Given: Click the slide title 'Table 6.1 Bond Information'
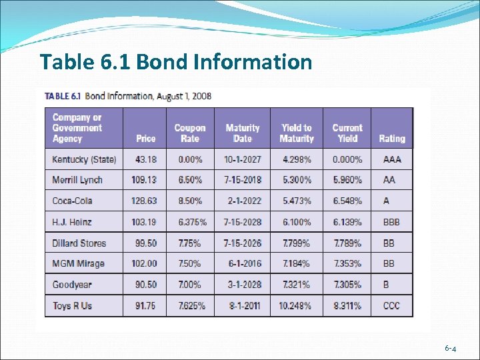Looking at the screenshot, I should tap(175, 62).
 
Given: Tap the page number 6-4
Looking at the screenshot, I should tap(451, 349).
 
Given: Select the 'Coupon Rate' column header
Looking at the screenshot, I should tap(190, 133).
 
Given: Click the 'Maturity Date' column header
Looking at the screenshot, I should tap(243, 133).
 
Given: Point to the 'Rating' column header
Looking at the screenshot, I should tap(392, 139).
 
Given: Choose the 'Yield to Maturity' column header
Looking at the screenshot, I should tap(297, 133).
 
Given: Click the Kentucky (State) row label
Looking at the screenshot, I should tap(84, 159).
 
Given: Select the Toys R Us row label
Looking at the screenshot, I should tap(72, 306).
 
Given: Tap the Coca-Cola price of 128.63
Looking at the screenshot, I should tap(145, 201).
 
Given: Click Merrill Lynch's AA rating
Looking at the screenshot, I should tap(389, 180).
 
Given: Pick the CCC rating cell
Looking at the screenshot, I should tap(392, 306).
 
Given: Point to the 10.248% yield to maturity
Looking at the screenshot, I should tap(295, 306).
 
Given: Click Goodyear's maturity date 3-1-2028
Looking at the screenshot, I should tap(243, 285).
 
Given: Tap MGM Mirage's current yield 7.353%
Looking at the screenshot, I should tap(347, 263).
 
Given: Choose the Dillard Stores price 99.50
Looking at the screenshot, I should tap(145, 243).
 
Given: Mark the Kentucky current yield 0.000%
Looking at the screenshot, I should tap(347, 159).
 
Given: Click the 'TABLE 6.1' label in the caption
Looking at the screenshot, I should tap(63, 95).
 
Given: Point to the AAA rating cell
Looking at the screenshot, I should tap(392, 159).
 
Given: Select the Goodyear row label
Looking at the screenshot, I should tap(73, 285).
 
